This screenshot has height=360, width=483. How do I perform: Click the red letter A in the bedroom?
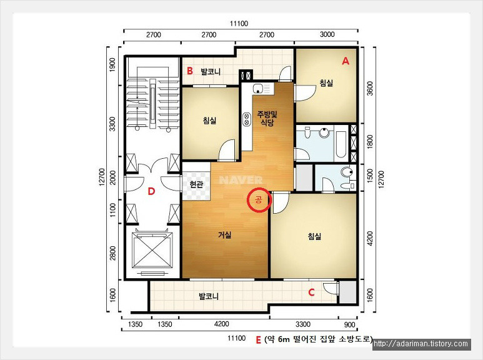346,61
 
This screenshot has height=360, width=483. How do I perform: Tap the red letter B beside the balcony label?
190,71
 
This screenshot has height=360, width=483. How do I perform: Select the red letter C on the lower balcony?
311,292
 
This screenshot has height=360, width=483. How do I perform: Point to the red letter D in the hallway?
151,191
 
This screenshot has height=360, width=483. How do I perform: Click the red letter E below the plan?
259,339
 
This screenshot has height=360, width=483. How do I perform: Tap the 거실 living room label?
224,235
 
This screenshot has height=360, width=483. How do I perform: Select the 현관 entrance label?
196,184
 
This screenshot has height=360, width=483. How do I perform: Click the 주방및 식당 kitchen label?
267,119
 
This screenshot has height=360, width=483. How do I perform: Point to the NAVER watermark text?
241,180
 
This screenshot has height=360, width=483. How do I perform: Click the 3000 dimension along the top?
327,34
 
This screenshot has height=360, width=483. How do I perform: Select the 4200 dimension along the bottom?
221,324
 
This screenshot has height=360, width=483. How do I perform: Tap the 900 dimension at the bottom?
350,324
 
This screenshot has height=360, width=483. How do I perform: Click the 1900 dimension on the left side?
112,65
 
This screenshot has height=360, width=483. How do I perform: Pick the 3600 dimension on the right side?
370,88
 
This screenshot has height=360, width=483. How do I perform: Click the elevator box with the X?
151,250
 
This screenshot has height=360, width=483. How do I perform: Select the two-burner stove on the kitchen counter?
247,119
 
